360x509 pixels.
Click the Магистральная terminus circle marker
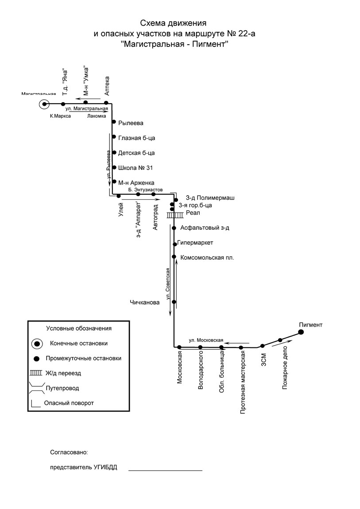44,104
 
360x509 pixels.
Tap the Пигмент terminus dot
301,332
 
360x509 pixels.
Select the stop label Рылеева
131,123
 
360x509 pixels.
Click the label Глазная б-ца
137,138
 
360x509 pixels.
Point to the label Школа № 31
135,168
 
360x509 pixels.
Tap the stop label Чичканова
145,303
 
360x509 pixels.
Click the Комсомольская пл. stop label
207,258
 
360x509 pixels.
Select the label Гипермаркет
195,243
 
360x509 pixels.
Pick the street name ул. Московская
206,340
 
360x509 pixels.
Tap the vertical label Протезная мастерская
243,382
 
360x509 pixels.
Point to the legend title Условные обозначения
79,328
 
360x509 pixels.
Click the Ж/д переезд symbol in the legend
36,373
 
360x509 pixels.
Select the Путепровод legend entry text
62,388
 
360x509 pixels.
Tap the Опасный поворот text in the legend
69,403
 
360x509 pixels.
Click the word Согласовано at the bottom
69,452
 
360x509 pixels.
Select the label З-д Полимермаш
210,198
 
